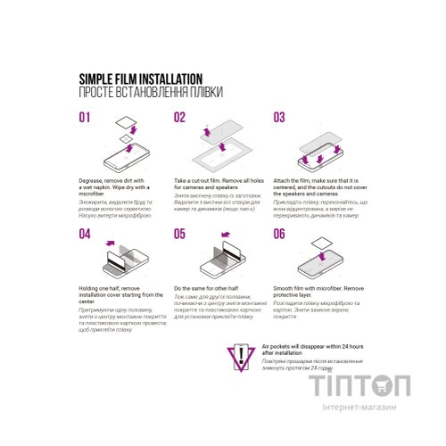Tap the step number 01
click(86, 118)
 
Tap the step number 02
click(180, 118)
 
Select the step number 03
click(279, 118)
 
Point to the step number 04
click(86, 234)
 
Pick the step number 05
click(180, 234)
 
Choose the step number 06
click(279, 234)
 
